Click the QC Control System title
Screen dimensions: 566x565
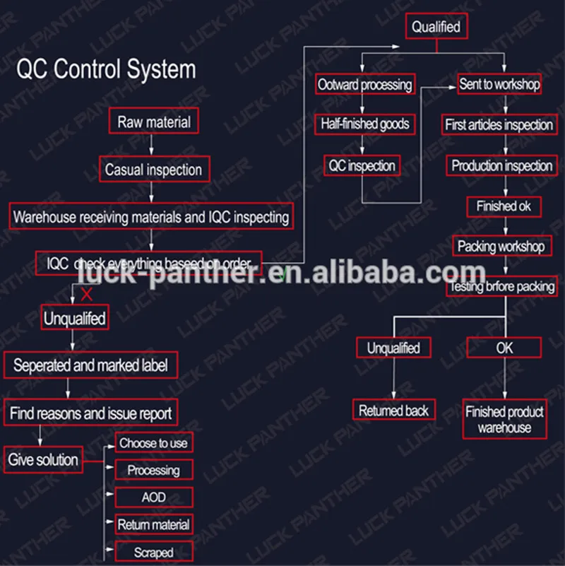[106, 70]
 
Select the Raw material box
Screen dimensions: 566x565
[153, 122]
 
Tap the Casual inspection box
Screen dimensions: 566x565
[153, 170]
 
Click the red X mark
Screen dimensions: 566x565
[87, 293]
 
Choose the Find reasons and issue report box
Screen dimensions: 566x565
[90, 413]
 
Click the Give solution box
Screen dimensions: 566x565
[43, 460]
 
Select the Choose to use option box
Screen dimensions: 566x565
[153, 443]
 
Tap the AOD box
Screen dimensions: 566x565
[153, 497]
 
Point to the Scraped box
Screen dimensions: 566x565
[153, 552]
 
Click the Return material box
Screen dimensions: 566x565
[153, 524]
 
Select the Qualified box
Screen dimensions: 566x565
[436, 27]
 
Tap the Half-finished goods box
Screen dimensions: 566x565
[364, 124]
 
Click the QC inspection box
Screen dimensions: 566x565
[362, 166]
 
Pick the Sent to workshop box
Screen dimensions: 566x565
[499, 84]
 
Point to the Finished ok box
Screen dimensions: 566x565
[504, 206]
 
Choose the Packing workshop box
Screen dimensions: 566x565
[501, 247]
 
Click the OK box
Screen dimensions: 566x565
[504, 348]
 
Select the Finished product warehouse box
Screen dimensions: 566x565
[504, 419]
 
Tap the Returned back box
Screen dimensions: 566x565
[394, 411]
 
